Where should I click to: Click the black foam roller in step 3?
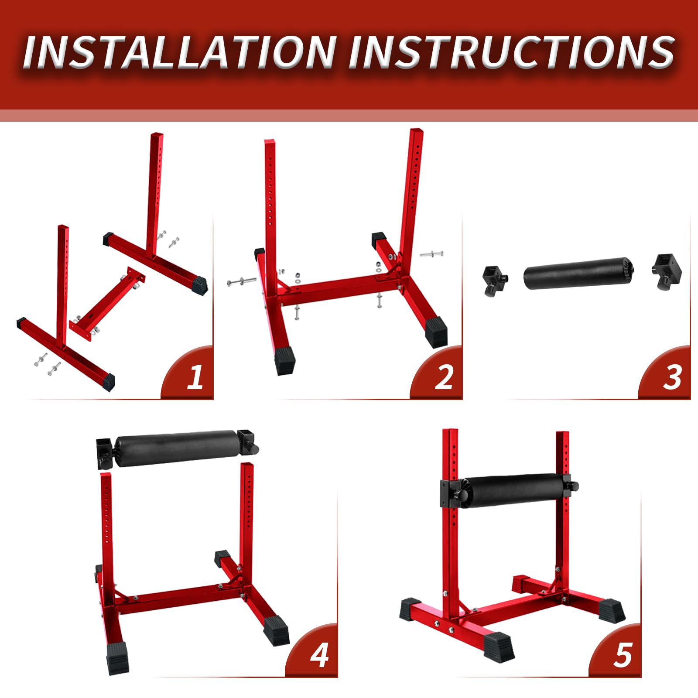click(578, 274)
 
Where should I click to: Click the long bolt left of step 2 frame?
click(241, 281)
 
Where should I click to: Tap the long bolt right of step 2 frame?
click(431, 253)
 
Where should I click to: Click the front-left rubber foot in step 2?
click(284, 360)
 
